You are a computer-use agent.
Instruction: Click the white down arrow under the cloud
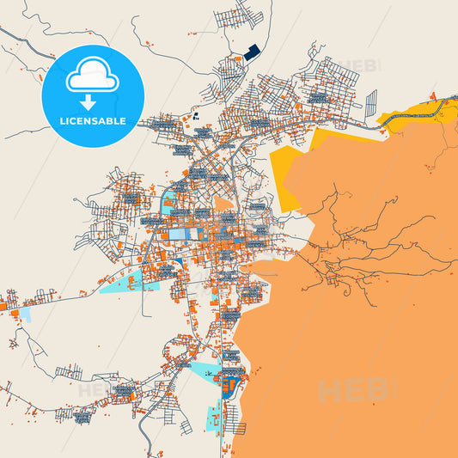91,100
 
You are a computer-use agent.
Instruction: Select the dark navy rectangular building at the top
251,52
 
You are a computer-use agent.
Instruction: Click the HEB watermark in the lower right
352,391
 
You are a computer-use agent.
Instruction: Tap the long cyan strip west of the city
129,283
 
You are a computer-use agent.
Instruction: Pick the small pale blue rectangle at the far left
23,314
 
